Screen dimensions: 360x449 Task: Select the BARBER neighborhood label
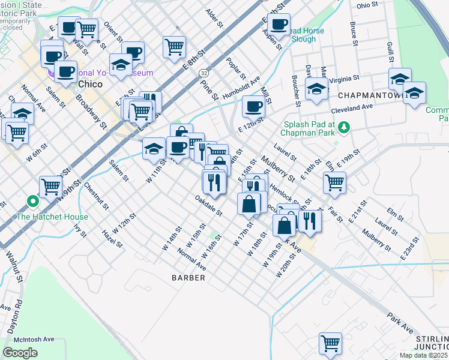point(188,278)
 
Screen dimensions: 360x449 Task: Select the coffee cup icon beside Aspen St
point(279,25)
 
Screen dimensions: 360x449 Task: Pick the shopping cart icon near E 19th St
point(334,182)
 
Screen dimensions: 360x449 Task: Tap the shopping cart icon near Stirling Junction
point(330,343)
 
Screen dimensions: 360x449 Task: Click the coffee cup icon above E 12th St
point(253,107)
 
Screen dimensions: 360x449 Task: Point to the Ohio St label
point(368,5)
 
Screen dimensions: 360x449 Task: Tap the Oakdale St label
point(208,205)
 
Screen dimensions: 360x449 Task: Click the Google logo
point(20,352)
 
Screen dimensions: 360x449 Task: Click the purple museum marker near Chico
point(52,73)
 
